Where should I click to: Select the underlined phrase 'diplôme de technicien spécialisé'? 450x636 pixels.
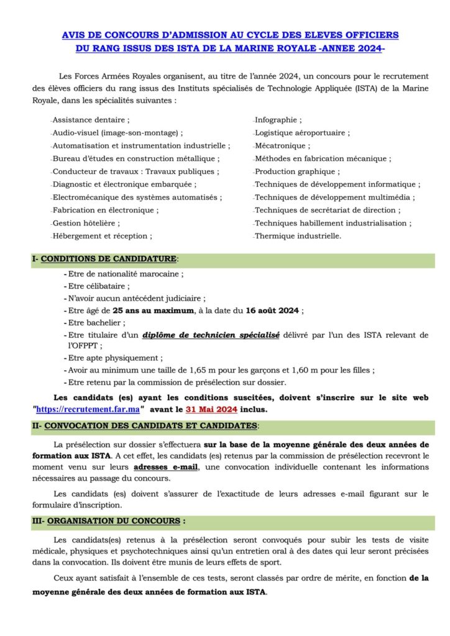point(211,335)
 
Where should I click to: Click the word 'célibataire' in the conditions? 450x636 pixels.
point(109,286)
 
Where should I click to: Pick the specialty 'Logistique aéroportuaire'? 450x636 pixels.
point(301,132)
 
